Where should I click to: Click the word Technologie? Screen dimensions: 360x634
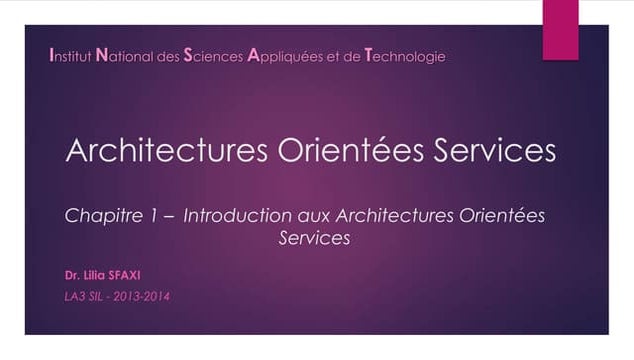[x=406, y=56]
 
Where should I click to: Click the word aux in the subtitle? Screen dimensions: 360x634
[x=314, y=216]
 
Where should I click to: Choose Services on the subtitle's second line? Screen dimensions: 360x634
[x=313, y=240]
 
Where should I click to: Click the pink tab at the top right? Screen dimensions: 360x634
[x=560, y=28]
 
